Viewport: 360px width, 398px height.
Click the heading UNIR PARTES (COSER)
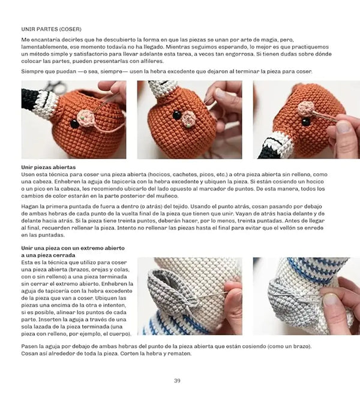[x=51, y=28]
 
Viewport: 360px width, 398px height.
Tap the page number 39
[x=177, y=381]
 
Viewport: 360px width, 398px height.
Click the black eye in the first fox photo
[x=74, y=124]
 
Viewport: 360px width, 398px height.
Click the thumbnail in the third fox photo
[x=344, y=127]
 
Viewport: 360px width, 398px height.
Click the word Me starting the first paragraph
[x=26, y=39]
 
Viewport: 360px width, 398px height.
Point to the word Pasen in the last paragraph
[x=31, y=346]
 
